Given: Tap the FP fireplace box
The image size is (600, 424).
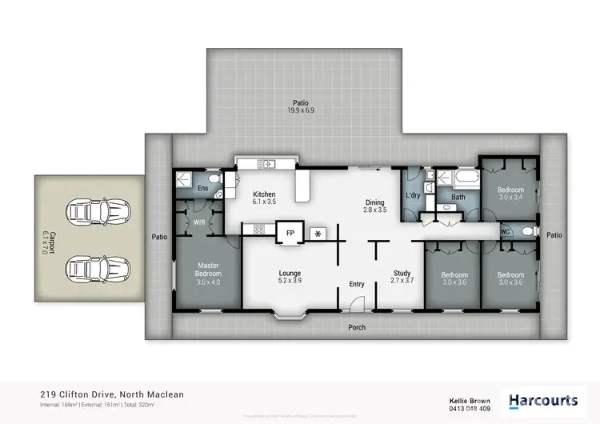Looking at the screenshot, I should tap(290, 233).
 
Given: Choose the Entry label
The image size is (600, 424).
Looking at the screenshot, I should tap(356, 284).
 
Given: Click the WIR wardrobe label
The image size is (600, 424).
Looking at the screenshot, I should tap(198, 223).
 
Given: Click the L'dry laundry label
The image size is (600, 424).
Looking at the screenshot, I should tap(413, 196).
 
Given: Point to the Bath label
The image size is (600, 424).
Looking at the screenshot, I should tap(458, 197).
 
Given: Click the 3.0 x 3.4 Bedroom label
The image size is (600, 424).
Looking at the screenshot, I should tap(510, 192).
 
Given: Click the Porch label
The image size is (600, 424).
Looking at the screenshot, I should tap(357, 327).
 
